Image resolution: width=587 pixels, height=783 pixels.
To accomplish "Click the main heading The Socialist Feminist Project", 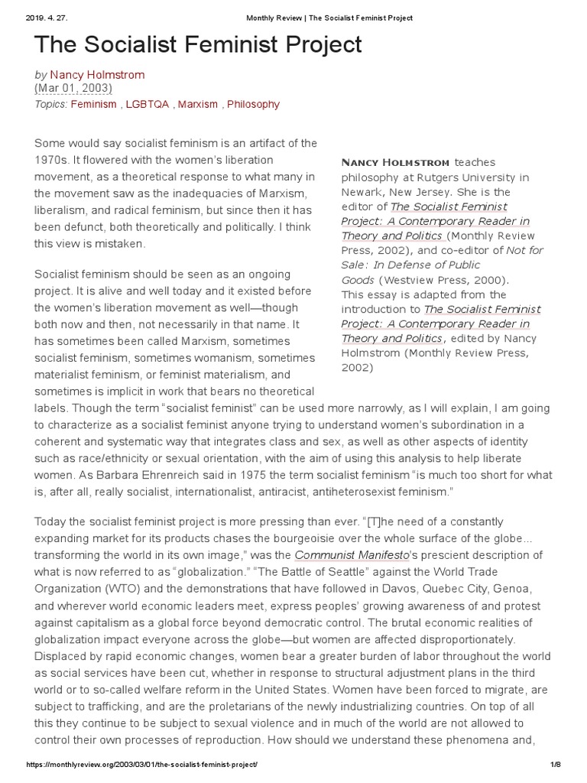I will [x=199, y=45].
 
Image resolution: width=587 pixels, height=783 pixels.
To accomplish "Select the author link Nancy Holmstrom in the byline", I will [x=97, y=75].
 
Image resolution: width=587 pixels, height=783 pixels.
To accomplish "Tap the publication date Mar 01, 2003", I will [x=74, y=89].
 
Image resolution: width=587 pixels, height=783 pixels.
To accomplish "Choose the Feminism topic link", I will [x=93, y=104].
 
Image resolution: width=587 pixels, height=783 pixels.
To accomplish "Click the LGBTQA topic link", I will [x=148, y=104].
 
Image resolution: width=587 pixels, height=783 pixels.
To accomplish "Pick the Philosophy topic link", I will [x=253, y=104].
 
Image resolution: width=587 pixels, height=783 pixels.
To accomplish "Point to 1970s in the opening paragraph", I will [x=52, y=160].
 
